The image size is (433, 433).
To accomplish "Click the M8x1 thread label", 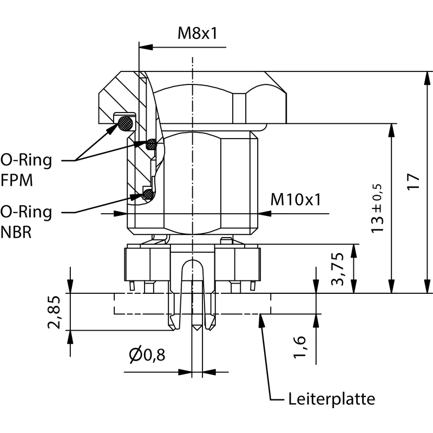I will click(x=198, y=34).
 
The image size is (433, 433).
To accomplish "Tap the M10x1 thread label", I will click(x=296, y=200).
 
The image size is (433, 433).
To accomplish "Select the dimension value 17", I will click(x=413, y=181).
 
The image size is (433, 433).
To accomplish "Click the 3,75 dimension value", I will click(x=339, y=268).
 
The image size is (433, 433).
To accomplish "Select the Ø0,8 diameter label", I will click(x=147, y=355).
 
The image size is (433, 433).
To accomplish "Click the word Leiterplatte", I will click(x=331, y=399).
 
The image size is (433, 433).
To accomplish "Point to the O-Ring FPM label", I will click(x=26, y=170).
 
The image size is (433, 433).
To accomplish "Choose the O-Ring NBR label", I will click(x=26, y=221).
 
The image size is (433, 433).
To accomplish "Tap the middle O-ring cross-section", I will click(x=152, y=144).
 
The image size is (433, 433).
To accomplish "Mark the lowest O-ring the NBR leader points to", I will click(x=146, y=194).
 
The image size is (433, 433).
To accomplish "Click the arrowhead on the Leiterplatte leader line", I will click(x=262, y=319).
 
